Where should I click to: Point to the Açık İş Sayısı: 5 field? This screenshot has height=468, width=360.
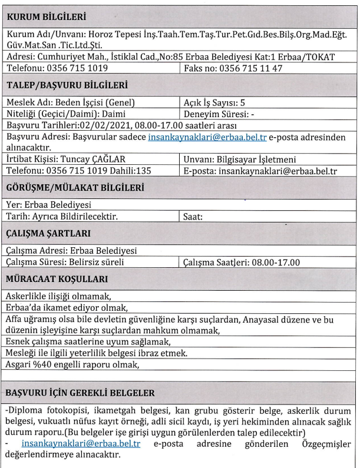pos(214,102)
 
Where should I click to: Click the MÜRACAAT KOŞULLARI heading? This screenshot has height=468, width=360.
pos(57,279)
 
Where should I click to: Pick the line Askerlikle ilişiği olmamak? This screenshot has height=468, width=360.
pos(58,296)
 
